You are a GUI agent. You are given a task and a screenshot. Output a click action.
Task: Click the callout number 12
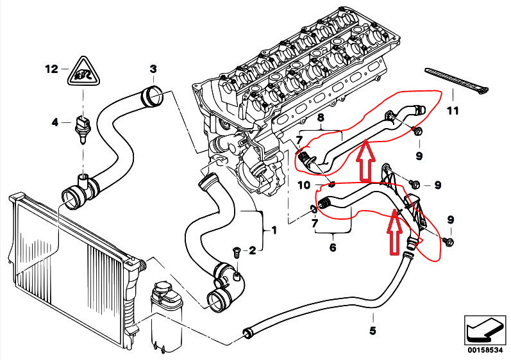coord(51,68)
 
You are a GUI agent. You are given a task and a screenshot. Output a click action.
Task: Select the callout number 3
coord(153,69)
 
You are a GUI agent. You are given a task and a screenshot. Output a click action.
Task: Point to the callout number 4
coord(55,122)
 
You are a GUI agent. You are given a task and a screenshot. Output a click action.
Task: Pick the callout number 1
coord(275,228)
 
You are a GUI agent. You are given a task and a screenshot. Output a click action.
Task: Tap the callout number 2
coord(253,250)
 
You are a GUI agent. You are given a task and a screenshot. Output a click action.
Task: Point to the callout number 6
coord(333,247)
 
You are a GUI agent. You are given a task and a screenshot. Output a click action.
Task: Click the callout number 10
coord(305,186)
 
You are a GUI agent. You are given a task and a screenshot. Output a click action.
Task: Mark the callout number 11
coord(453,111)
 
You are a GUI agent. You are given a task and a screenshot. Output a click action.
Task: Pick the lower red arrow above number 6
coord(394,234)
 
